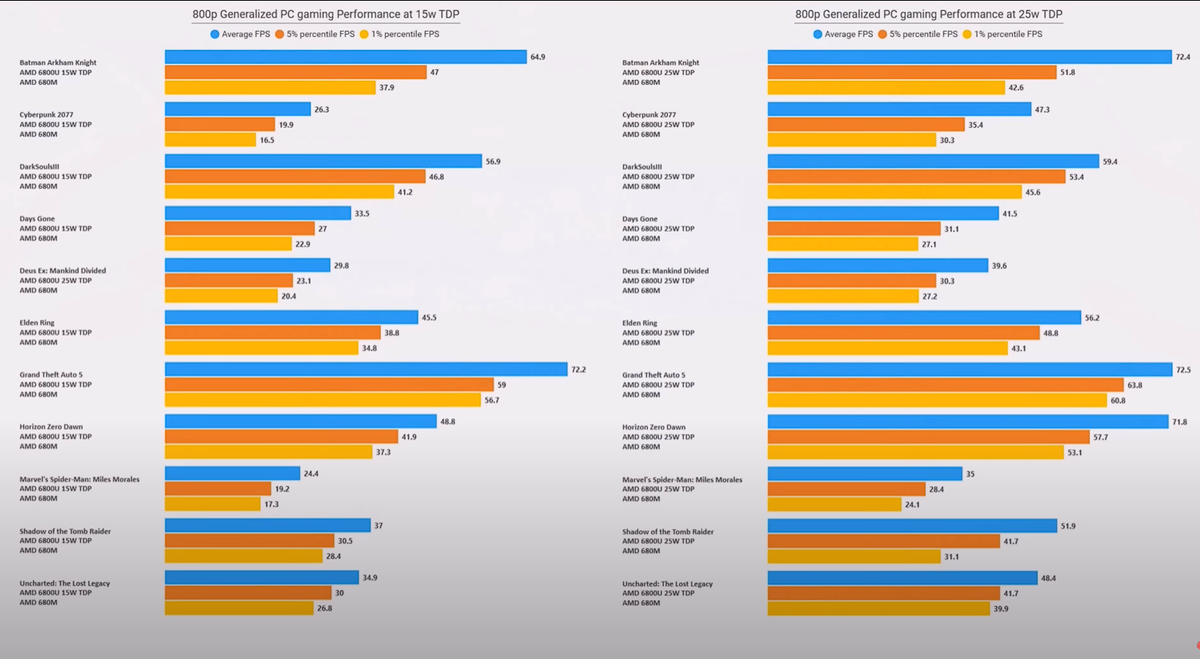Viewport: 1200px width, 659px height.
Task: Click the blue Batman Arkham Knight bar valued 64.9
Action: (345, 57)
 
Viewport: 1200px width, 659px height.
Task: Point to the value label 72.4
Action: (1182, 57)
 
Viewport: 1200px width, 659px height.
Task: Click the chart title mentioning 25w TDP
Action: (928, 14)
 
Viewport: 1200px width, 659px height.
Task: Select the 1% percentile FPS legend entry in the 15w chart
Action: (399, 34)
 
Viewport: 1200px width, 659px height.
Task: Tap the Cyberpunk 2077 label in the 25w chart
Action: (649, 115)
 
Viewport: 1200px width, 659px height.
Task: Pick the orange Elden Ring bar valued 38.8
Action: (273, 333)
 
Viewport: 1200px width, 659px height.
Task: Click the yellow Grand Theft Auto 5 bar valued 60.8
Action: (937, 400)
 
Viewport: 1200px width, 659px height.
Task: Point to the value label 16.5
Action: (266, 140)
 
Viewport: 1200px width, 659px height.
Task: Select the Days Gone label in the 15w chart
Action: (37, 219)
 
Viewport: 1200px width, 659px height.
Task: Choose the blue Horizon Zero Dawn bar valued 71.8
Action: (967, 422)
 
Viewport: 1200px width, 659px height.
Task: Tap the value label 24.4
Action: (310, 473)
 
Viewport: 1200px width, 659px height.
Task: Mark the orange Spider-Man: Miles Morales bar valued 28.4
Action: (846, 489)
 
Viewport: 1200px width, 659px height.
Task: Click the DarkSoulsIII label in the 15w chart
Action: (39, 166)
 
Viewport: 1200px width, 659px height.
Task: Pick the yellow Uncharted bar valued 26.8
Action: (239, 608)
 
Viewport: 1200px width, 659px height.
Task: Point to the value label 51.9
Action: (1068, 526)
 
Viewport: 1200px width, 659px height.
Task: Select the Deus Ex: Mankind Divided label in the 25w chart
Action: (665, 271)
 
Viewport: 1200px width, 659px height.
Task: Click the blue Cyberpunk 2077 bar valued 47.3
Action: (899, 109)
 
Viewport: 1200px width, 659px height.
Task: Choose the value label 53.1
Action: (1074, 453)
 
